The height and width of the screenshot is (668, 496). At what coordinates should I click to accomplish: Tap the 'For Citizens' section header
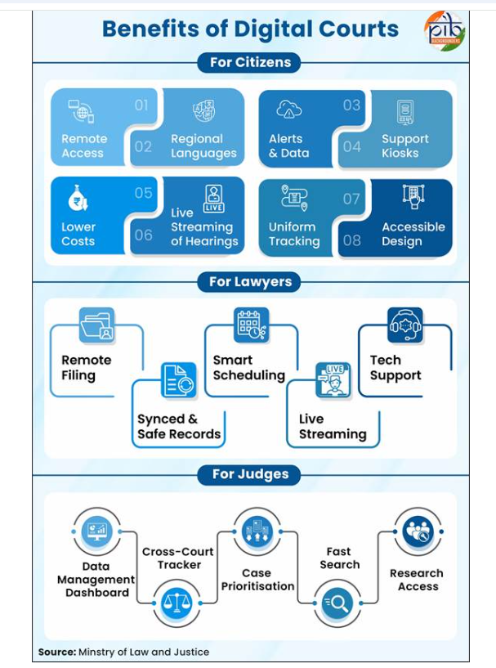coord(249,63)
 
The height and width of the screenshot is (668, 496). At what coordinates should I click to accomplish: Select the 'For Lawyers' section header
coord(249,282)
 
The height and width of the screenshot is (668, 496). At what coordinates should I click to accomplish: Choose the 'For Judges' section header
coord(249,474)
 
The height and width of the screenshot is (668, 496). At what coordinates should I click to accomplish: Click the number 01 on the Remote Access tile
coord(141,105)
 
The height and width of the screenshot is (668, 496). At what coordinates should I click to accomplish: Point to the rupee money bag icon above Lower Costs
coord(78,198)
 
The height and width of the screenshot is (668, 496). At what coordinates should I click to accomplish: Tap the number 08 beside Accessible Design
coord(351,240)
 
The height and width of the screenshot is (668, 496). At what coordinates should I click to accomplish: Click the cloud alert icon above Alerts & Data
coord(289,109)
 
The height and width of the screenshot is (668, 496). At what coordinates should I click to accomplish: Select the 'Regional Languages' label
coord(203,146)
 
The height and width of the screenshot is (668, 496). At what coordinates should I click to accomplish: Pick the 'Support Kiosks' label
coord(404,146)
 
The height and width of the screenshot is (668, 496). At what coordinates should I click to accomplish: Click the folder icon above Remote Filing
coord(96,325)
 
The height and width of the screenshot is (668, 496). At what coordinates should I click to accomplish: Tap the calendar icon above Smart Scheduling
coord(251,325)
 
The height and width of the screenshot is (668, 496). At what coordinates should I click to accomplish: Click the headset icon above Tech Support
coord(404,325)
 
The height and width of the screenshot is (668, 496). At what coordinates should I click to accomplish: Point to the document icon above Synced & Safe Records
coord(178,380)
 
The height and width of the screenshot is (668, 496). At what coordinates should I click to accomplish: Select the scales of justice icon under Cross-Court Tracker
coord(177,603)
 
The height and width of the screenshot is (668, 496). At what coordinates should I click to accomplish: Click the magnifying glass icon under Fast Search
coord(337,603)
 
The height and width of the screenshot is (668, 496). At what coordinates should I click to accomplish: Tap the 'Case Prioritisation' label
coord(257,580)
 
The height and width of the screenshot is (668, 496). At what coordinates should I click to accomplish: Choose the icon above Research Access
coord(418,531)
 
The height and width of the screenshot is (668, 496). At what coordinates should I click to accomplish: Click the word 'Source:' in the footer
coord(57,652)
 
